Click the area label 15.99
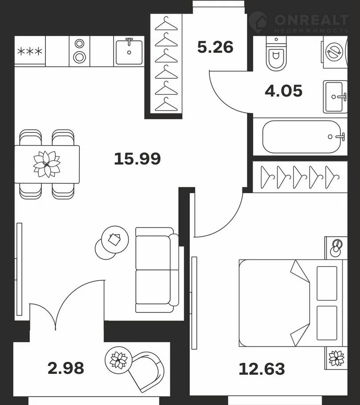(x=137, y=158)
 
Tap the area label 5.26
(x=215, y=47)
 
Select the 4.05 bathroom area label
(x=283, y=91)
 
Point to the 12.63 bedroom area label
(x=262, y=369)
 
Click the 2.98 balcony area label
(x=66, y=368)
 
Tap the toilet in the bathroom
(x=276, y=53)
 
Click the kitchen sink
(x=129, y=52)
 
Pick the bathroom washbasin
(x=335, y=97)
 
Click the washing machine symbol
(x=334, y=52)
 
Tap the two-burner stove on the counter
(x=79, y=51)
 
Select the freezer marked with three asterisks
(x=30, y=51)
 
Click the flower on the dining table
(x=47, y=164)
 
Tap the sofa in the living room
(x=157, y=270)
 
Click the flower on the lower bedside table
(x=336, y=358)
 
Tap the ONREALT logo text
(x=311, y=20)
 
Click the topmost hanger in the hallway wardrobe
(x=166, y=24)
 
